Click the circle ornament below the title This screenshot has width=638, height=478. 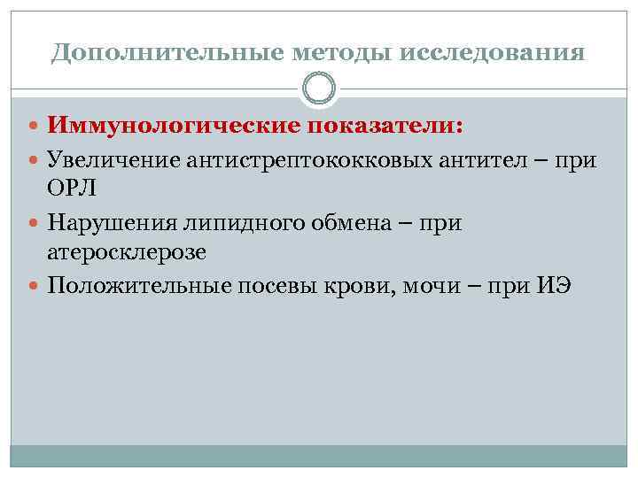click(x=319, y=89)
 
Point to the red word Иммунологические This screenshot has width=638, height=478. click(x=174, y=127)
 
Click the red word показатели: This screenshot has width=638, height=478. click(x=384, y=127)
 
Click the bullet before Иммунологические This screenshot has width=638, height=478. click(x=35, y=127)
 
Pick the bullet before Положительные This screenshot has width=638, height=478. click(x=35, y=284)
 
